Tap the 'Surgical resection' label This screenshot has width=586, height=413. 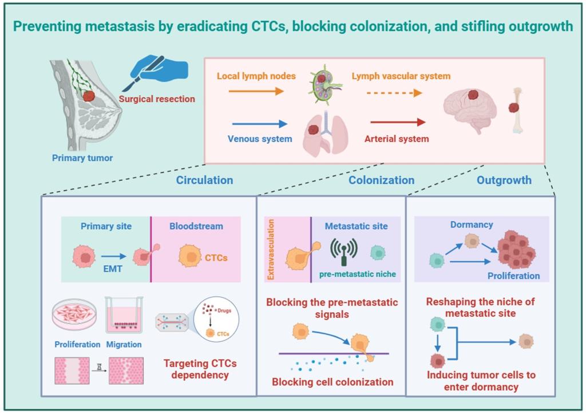157,99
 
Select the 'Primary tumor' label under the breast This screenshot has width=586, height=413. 82,158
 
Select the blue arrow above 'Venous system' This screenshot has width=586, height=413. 259,123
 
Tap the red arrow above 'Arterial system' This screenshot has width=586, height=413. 398,122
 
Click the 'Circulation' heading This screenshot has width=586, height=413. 204,180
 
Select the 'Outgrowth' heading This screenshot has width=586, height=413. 504,180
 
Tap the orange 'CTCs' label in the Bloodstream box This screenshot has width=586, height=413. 216,258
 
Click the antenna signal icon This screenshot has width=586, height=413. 344,250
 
